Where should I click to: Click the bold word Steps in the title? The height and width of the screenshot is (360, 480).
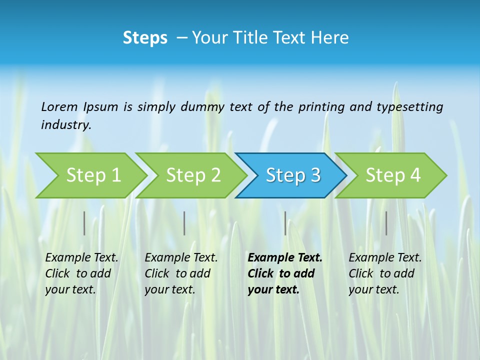tap(145, 38)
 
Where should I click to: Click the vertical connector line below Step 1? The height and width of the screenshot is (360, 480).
tap(84, 223)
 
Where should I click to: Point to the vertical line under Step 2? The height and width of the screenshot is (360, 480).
tap(184, 223)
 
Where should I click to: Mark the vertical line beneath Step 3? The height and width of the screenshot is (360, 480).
tap(285, 223)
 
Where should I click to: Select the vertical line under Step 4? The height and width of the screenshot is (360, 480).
tap(386, 223)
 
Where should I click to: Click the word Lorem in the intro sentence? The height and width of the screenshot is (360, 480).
tap(59, 107)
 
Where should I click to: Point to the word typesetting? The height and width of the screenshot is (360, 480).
tap(409, 107)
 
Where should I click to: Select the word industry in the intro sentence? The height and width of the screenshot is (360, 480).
tap(66, 125)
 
